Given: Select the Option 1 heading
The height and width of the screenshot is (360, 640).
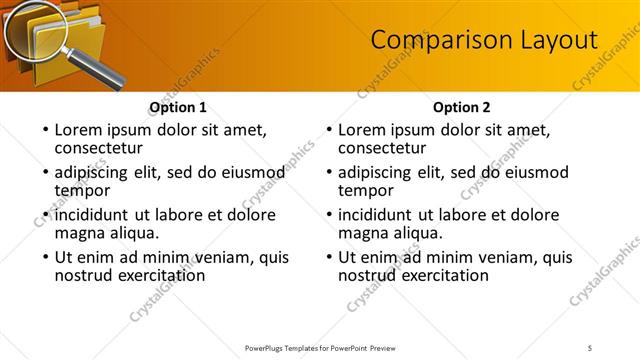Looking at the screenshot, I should (x=178, y=107).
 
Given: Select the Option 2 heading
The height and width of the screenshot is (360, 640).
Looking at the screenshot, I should (x=462, y=107).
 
